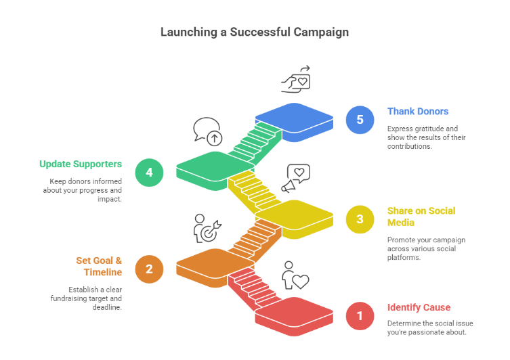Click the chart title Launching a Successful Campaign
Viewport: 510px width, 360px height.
pos(255,32)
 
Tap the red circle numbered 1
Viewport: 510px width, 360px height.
pos(360,316)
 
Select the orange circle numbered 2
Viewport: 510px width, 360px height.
pos(149,269)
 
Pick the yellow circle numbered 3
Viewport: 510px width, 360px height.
pos(360,219)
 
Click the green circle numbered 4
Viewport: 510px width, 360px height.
pos(149,172)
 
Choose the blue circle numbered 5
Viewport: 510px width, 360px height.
pos(360,120)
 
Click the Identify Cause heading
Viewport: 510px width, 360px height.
pos(419,308)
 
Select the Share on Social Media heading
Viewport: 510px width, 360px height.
pos(421,217)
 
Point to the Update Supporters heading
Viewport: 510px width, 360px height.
pos(81,164)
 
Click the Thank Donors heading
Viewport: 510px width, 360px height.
pos(418,112)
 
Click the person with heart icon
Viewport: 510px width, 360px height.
pos(295,275)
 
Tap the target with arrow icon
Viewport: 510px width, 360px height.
pos(207,228)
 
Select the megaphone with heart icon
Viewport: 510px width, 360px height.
pos(295,179)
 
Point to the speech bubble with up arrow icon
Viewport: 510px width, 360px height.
pos(207,131)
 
